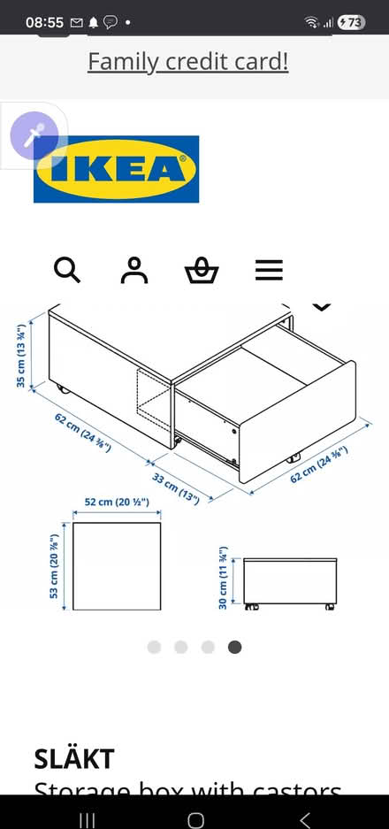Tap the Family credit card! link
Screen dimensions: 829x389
[187, 62]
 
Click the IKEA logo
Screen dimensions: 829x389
[117, 169]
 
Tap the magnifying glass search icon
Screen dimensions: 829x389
[67, 270]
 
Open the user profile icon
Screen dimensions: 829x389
[133, 270]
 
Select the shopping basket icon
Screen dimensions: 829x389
[201, 270]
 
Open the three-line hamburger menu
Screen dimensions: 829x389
[269, 270]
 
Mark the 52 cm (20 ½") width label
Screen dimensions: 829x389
[117, 503]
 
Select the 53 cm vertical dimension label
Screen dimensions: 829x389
[55, 566]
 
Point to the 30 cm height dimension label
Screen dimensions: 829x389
[225, 577]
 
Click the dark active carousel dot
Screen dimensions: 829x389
[234, 647]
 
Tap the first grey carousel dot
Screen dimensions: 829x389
[154, 647]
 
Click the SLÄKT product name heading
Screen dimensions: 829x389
[74, 758]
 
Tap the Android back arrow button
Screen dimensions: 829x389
[305, 819]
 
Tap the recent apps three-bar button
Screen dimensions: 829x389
[87, 819]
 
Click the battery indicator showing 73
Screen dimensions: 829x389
[351, 22]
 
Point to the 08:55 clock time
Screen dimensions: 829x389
[43, 22]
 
